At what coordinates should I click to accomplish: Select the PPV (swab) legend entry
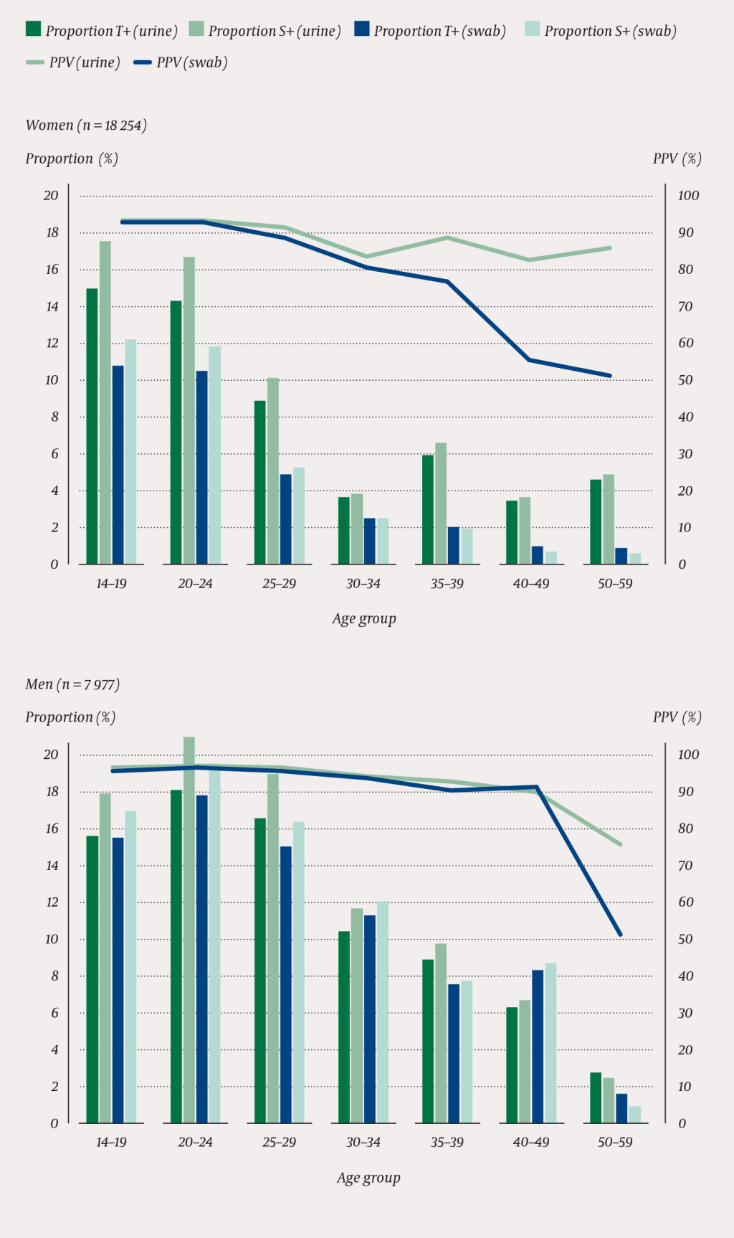tap(181, 62)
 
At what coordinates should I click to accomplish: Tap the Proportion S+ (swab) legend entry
tap(601, 30)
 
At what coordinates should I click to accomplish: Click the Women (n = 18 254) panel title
tap(86, 125)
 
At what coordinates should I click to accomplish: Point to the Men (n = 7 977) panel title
tap(72, 684)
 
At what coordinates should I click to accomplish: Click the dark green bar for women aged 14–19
tap(92, 426)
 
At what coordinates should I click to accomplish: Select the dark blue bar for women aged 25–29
tap(285, 519)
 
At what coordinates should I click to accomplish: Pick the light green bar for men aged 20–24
tap(189, 930)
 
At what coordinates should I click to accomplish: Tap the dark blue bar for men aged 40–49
tap(538, 1046)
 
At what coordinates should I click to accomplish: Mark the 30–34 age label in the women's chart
tap(363, 583)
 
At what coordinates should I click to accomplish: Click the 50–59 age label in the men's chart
tap(615, 1142)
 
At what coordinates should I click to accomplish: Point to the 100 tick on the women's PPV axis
tap(688, 195)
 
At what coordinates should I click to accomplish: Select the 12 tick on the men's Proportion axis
tap(52, 902)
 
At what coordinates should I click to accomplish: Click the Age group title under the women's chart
tap(364, 618)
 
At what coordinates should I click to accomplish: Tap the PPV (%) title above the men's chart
tap(677, 717)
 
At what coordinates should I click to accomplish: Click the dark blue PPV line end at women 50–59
tap(610, 375)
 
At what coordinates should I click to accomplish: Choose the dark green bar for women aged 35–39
tap(427, 509)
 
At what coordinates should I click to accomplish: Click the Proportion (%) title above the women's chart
tap(72, 158)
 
